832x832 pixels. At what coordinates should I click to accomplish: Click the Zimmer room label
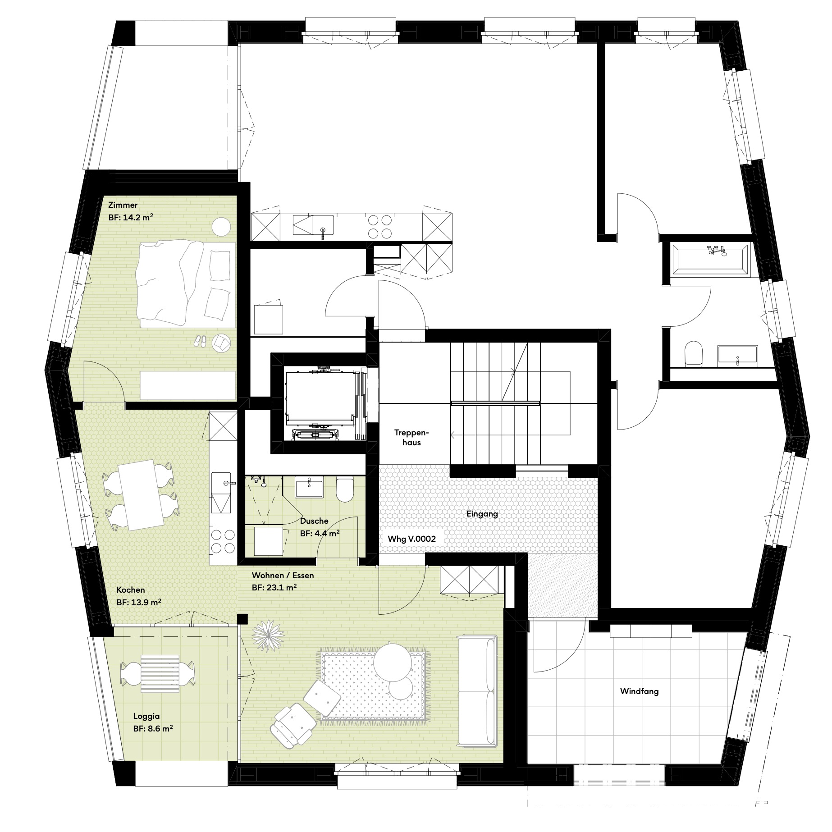point(123,205)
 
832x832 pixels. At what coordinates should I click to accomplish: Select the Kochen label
point(131,590)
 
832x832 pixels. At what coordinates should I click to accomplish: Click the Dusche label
point(314,521)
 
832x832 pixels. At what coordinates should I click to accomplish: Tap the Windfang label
point(639,691)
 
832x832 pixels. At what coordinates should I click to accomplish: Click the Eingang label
point(482,514)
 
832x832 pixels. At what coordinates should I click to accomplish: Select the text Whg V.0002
point(411,539)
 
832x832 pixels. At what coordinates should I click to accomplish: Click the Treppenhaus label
point(411,438)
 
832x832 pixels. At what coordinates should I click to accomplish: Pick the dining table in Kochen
point(141,494)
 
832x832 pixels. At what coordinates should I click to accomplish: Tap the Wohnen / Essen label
point(283,576)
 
